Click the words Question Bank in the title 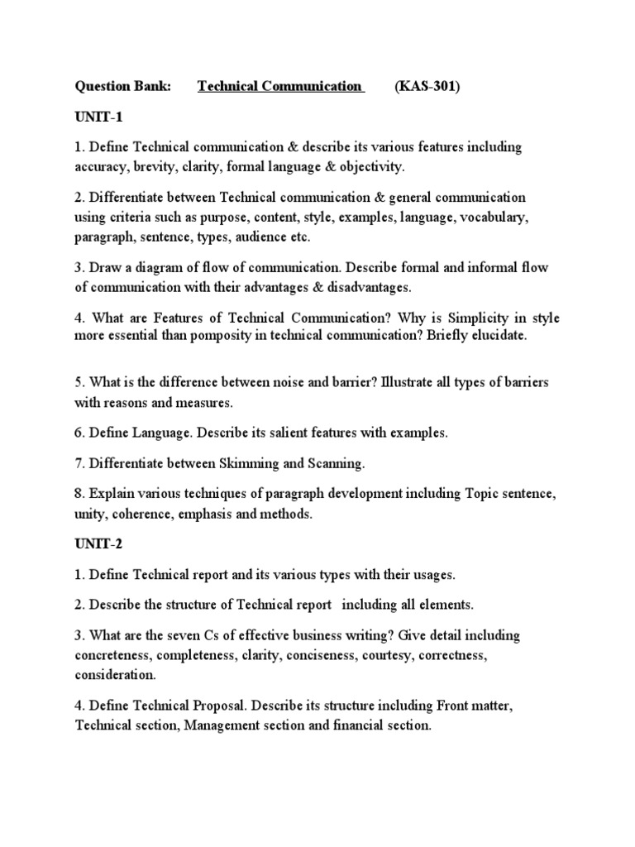[122, 87]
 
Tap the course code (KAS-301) [426, 87]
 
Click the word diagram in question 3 [161, 268]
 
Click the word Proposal [217, 706]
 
